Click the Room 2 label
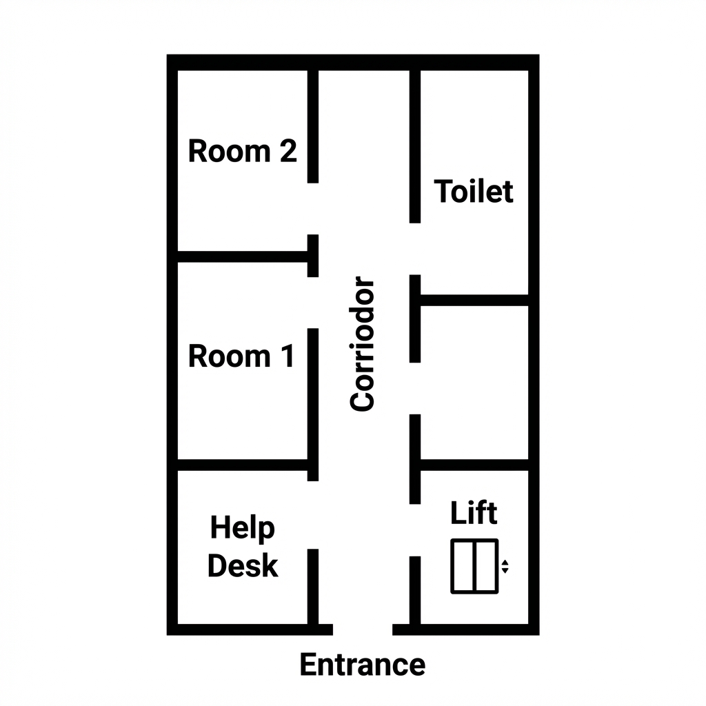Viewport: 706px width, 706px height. coord(242,151)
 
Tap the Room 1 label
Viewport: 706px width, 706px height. coord(241,356)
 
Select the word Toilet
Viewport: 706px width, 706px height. coord(474,191)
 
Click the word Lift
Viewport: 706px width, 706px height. coord(473,513)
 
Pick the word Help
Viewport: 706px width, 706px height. coord(242,528)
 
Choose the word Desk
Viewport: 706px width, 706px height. coord(243,566)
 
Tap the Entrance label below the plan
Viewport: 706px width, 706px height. coord(363,665)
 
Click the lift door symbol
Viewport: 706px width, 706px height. coord(474,566)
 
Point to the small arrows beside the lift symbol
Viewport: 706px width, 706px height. coord(505,567)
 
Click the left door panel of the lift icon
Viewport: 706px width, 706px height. coord(463,566)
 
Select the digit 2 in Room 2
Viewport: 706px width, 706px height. coord(288,151)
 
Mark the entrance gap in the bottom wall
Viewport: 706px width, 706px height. coord(363,629)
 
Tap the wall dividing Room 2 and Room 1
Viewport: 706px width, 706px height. coord(241,256)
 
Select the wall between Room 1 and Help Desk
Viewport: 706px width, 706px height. coord(241,465)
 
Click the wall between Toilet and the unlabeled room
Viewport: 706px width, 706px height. coord(474,300)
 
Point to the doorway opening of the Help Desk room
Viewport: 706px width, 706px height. coord(313,514)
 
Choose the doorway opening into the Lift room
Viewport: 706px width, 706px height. coord(415,529)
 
